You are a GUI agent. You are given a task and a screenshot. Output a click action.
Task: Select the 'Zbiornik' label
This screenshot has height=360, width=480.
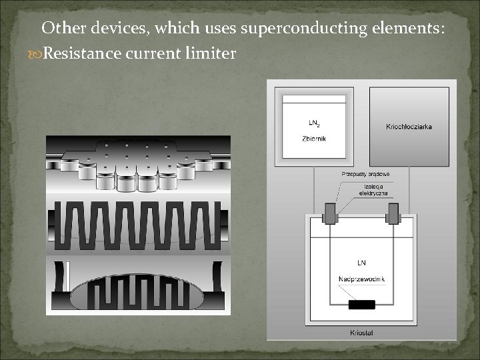tap(315, 139)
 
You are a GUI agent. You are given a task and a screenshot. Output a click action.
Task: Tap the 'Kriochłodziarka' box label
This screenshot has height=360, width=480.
tap(409, 127)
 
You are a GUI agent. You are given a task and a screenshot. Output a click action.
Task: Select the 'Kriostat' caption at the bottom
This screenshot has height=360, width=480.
tap(361, 332)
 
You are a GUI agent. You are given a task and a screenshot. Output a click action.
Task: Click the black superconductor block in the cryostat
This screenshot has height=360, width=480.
tap(361, 304)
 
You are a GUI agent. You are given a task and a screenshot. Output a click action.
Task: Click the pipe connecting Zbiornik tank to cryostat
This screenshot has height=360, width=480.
tap(314, 187)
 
